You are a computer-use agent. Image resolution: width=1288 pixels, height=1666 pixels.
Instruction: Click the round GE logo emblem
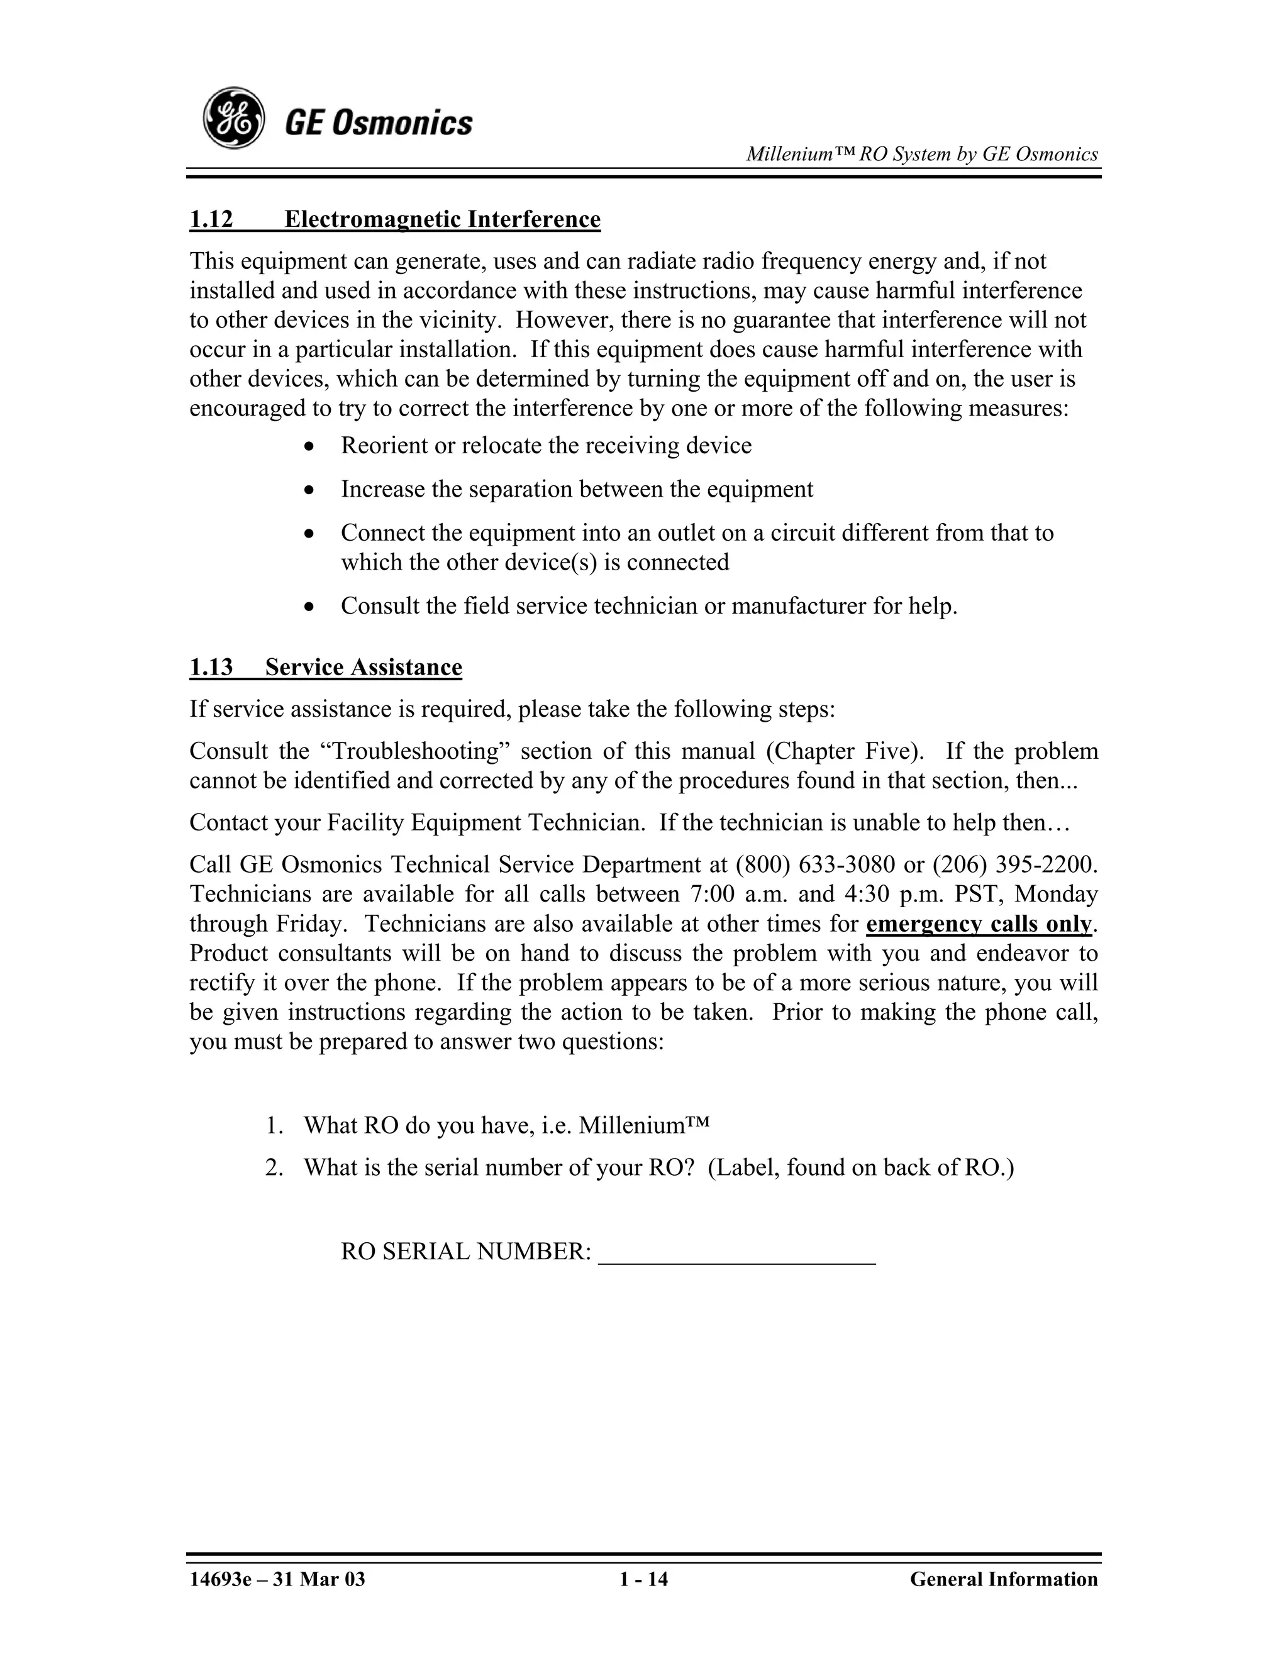[x=233, y=119]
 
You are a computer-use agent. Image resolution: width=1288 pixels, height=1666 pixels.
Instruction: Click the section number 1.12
[x=211, y=219]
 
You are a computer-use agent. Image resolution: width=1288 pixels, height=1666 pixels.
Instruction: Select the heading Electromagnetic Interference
[x=443, y=219]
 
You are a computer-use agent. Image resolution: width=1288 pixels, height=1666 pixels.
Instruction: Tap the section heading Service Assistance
[x=364, y=668]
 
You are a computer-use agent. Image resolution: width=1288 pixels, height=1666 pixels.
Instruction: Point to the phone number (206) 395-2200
[x=1013, y=864]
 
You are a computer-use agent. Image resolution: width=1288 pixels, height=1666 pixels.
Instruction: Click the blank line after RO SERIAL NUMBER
[x=737, y=1252]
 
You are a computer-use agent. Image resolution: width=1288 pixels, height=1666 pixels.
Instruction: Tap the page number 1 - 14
[x=643, y=1579]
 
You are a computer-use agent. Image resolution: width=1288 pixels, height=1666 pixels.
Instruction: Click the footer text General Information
[x=1003, y=1579]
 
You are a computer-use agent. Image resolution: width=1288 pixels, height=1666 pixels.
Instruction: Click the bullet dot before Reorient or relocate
[x=308, y=447]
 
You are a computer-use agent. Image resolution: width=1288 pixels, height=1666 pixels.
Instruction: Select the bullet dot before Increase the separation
[x=308, y=490]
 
